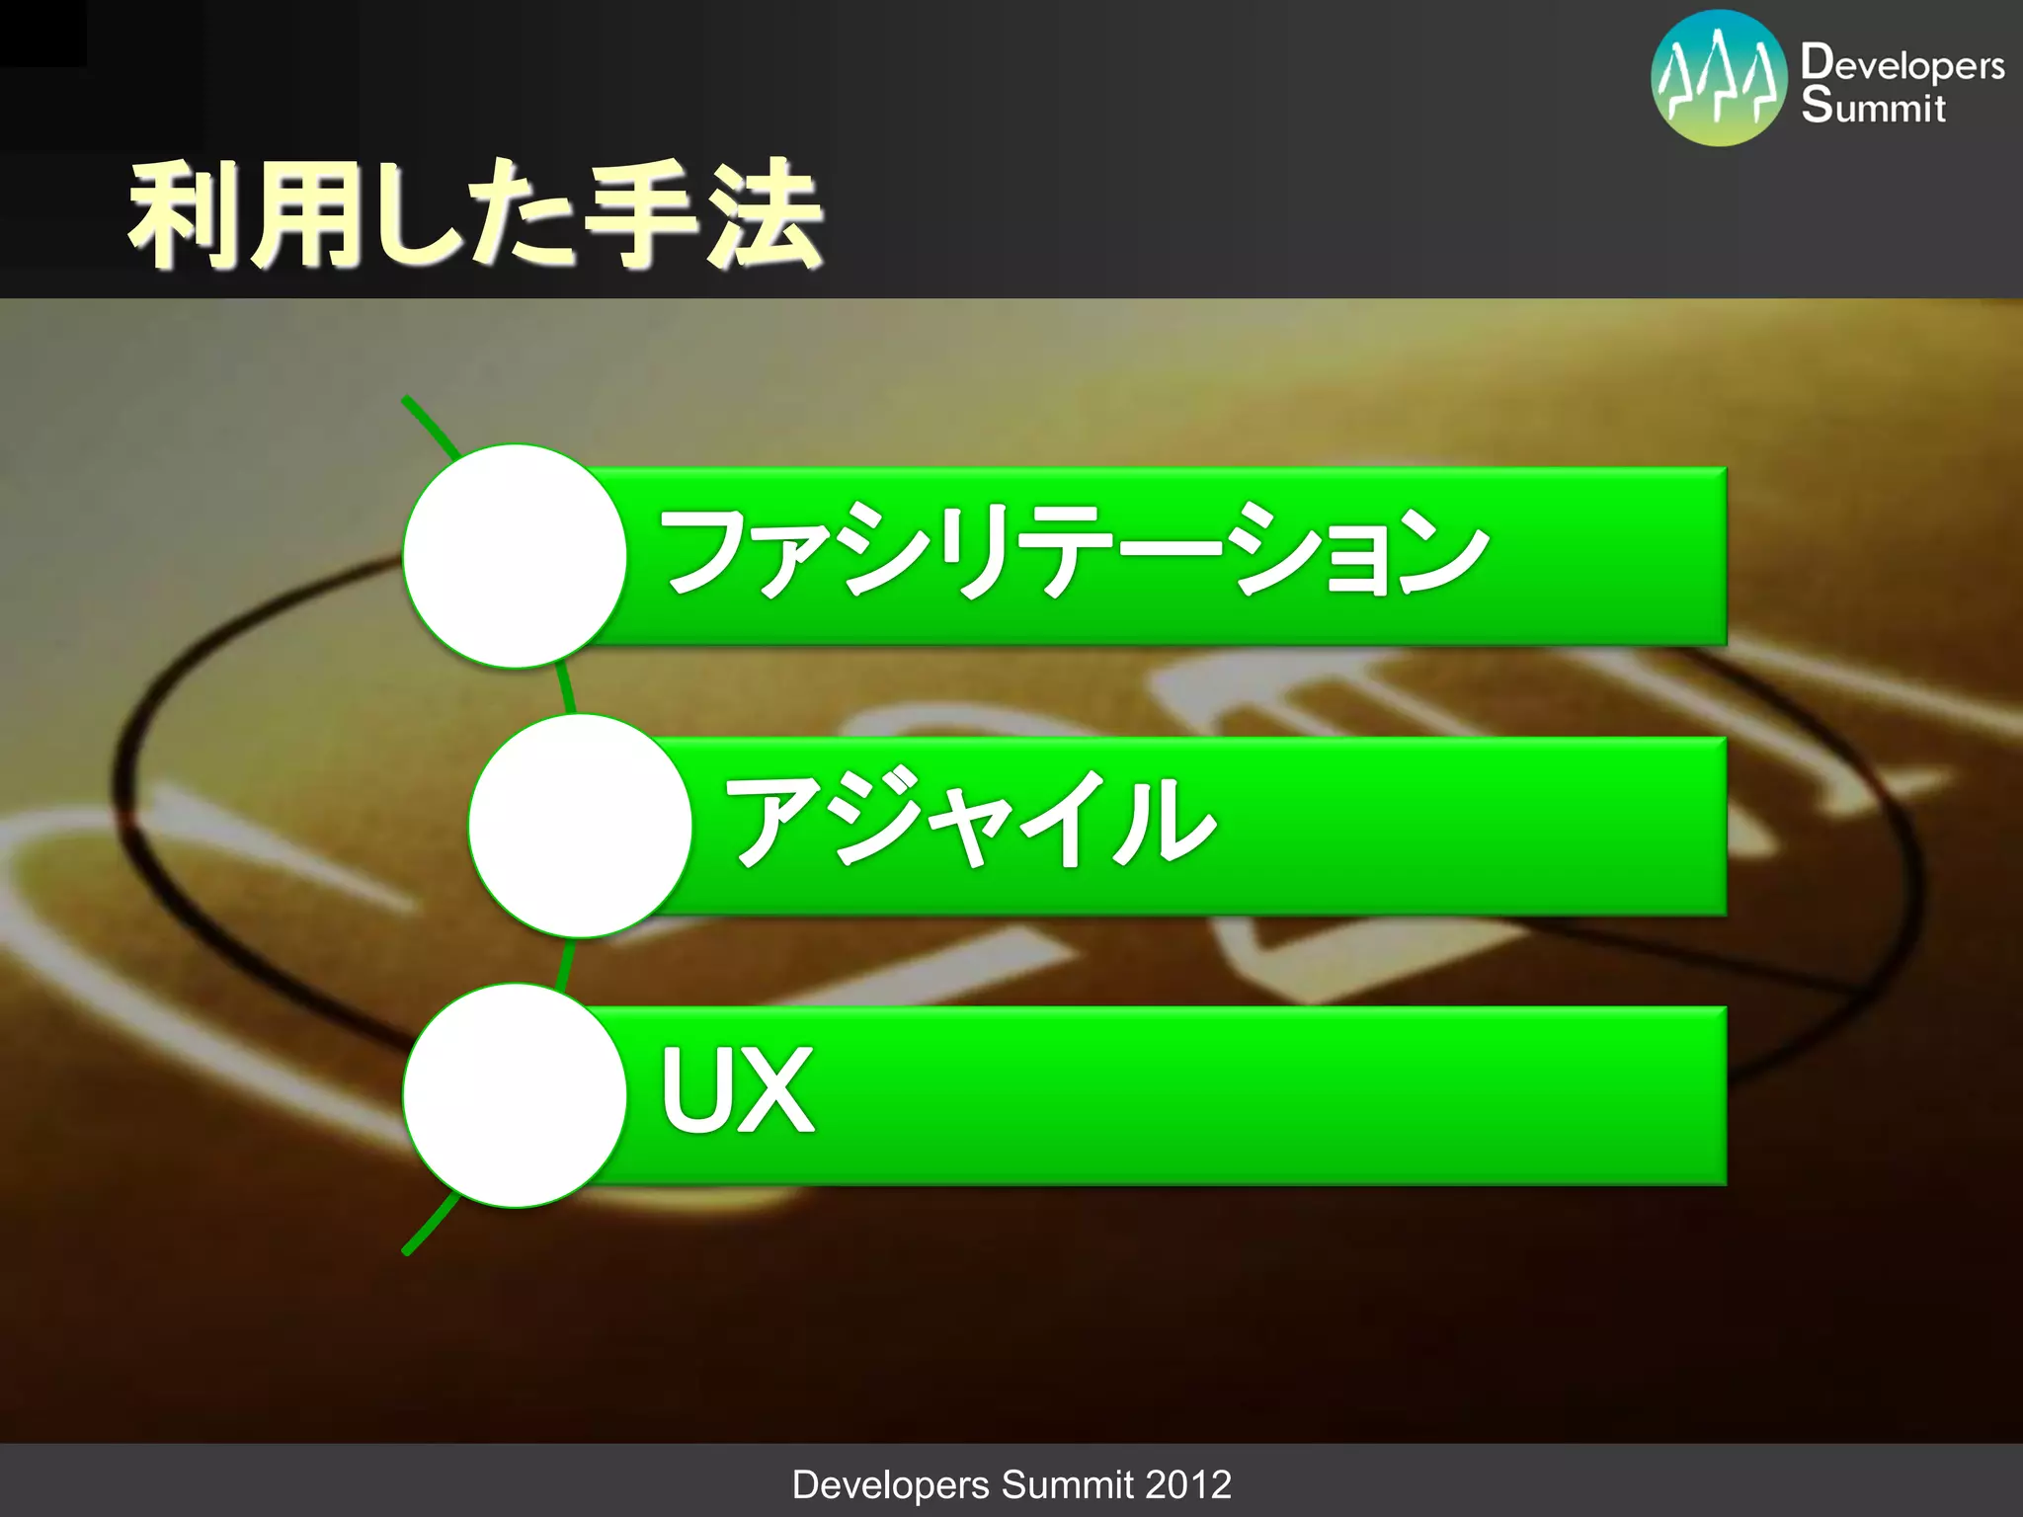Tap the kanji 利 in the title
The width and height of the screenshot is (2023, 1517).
click(x=183, y=214)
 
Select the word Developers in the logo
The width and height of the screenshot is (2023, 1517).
click(x=1902, y=65)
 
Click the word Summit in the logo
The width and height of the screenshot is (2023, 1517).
click(x=1873, y=107)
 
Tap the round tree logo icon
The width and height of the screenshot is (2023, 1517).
click(x=1719, y=78)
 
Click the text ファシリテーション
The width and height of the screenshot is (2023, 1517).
click(x=1074, y=550)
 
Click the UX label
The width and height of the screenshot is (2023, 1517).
click(x=737, y=1090)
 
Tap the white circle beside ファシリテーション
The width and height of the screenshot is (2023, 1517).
click(x=515, y=556)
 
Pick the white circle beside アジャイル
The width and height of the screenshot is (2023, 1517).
click(x=580, y=826)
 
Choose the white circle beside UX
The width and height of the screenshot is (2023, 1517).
click(x=515, y=1095)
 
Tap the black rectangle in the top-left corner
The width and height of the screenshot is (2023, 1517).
click(x=42, y=33)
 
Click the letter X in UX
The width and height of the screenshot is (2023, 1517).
click(x=776, y=1090)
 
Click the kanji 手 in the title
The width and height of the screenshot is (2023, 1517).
click(x=643, y=214)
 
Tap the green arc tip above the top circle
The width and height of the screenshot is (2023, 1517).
click(x=408, y=402)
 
